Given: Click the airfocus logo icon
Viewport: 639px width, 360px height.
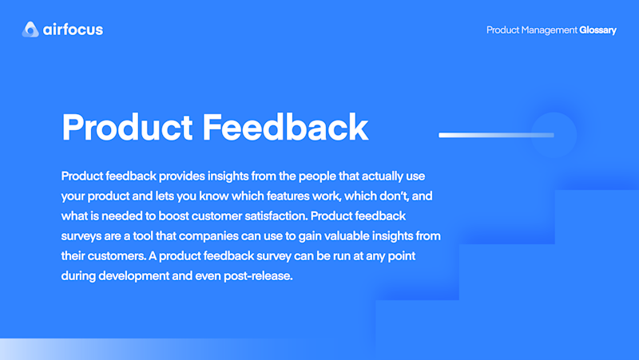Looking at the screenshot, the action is pos(30,30).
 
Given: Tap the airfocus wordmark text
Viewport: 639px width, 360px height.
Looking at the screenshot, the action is pos(73,30).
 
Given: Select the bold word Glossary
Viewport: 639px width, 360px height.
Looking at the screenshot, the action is pos(597,30).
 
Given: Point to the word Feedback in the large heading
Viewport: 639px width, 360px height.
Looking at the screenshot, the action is pos(285,128).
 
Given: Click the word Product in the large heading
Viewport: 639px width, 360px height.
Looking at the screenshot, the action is pos(127,128).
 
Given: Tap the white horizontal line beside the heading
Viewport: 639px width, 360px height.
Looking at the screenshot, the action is pos(496,135).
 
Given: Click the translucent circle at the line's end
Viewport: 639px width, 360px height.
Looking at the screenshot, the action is pos(554,135).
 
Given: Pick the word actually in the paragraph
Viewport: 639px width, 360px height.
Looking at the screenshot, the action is pos(382,176).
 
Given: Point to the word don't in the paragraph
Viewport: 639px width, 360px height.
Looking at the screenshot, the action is pos(394,196).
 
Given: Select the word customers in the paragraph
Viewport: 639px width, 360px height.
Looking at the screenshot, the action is pos(117,256).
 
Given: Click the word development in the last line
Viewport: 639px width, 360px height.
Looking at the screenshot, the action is pos(133,276).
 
